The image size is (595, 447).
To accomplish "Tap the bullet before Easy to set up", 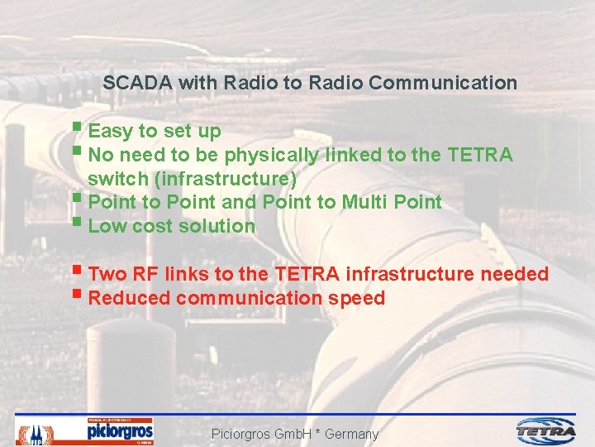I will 77,129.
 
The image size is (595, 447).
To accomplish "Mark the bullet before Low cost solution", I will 77,223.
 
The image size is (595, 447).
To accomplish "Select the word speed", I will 356,298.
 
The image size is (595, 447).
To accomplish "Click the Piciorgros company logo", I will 120,431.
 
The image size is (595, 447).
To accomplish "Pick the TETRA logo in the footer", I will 546,430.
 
